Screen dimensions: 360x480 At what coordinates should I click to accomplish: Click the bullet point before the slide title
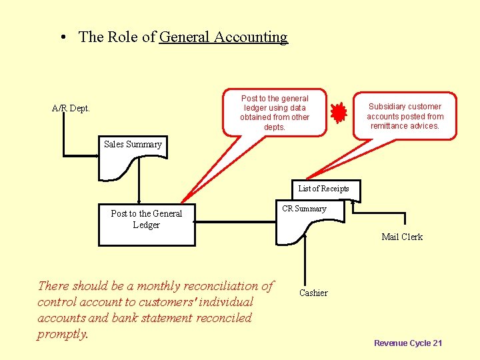[62, 38]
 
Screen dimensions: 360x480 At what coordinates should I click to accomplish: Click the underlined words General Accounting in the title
[223, 37]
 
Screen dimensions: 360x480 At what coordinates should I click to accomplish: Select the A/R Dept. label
[71, 109]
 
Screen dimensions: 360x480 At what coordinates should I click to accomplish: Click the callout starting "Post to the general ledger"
[275, 113]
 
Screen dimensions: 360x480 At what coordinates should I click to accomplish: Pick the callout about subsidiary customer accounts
[405, 116]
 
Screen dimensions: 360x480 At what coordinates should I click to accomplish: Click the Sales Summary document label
[133, 145]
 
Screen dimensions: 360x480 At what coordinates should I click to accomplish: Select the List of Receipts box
[323, 189]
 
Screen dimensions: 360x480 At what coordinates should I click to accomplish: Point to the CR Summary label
[304, 209]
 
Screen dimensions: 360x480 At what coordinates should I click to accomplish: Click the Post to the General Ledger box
[147, 224]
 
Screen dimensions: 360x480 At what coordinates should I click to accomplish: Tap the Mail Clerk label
[402, 237]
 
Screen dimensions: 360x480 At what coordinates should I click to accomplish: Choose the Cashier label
[313, 293]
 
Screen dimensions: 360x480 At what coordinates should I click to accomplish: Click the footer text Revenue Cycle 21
[408, 343]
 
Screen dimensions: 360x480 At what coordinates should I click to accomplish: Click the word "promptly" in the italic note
[63, 334]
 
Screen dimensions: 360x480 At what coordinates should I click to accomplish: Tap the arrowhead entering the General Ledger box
[139, 200]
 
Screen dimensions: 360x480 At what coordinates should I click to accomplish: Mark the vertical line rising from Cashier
[305, 260]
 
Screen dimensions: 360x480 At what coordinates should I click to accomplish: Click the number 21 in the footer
[437, 343]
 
